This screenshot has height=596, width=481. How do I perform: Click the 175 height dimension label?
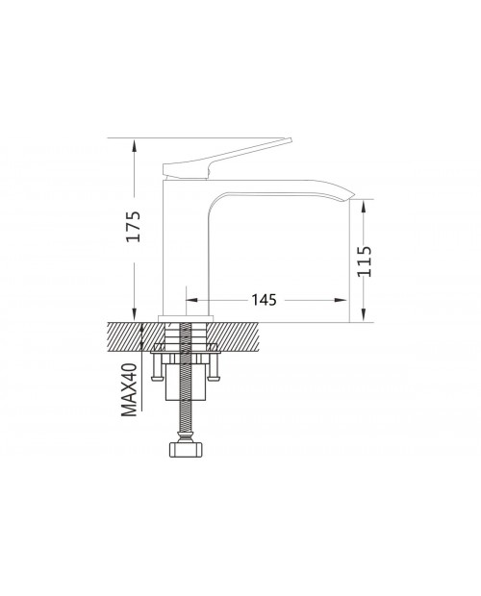pos(134,226)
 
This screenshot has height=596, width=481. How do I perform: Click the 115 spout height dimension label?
pos(365,261)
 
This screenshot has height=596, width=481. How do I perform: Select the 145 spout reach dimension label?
pos(264,300)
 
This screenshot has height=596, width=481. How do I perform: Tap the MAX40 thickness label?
pos(129,389)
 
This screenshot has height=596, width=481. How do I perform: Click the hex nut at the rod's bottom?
pos(186,449)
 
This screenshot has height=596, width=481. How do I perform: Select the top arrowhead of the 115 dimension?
pos(365,207)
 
